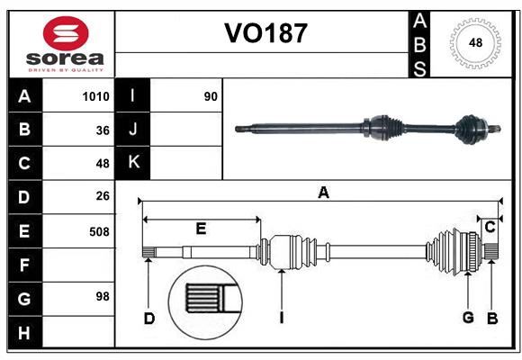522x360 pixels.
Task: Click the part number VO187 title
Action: coord(265,33)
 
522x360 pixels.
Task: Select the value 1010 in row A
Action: coord(95,96)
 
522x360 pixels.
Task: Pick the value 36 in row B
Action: coord(102,130)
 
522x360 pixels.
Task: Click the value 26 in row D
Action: coord(102,196)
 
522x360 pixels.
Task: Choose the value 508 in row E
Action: coord(98,231)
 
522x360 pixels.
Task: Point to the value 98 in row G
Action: coord(102,296)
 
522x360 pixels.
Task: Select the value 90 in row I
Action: coord(211,96)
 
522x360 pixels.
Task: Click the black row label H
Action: coord(24,333)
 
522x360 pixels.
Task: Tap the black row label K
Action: coord(133,162)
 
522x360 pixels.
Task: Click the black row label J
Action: coord(133,130)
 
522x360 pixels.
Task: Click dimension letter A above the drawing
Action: coord(323,192)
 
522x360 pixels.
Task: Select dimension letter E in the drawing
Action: coord(201,229)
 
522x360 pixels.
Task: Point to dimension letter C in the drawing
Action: coord(490,228)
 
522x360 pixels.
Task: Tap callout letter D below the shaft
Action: coord(149,318)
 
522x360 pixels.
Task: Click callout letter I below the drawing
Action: coord(282,318)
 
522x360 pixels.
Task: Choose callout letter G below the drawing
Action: coord(468,318)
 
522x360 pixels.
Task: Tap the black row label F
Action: coord(24,266)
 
